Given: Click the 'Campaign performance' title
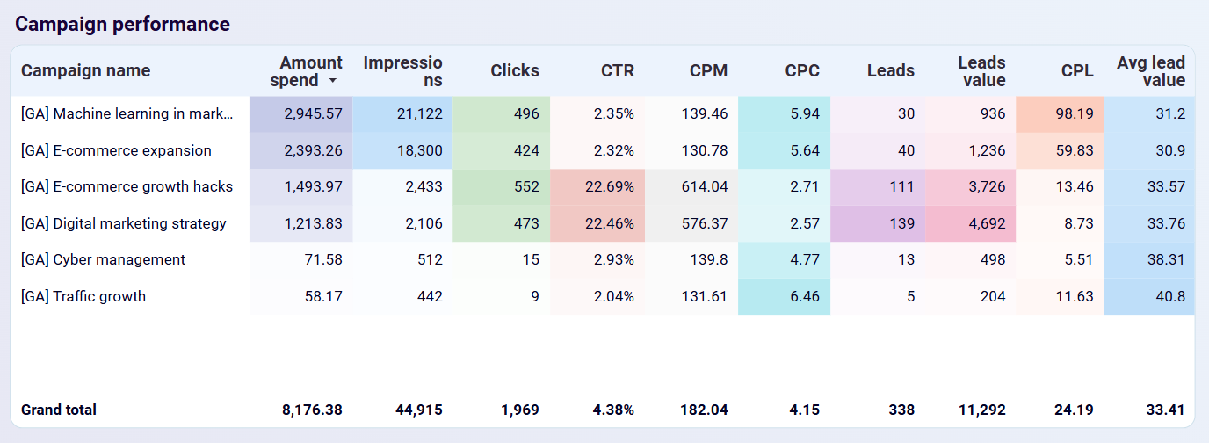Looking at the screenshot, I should [122, 24].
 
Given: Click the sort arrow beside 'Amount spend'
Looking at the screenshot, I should [333, 81].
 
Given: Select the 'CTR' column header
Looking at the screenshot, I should [617, 71].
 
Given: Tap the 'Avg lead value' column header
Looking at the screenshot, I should [1151, 71].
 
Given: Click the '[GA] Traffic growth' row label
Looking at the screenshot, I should [83, 296].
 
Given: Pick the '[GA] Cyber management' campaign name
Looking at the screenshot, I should [103, 259].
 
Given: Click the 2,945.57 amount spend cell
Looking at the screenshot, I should [313, 113].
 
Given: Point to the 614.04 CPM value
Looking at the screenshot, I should [704, 186].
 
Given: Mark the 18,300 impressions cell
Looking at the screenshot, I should [416, 150].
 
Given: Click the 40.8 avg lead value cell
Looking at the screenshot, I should [1170, 296].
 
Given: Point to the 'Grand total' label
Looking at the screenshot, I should [59, 410].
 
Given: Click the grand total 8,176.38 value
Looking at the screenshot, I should [313, 410].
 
